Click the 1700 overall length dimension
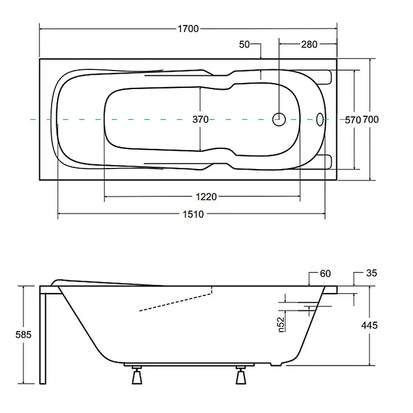[x=188, y=28]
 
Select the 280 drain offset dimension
[x=309, y=45]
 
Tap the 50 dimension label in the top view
[x=244, y=45]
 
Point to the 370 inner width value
[x=201, y=120]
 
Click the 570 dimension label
[x=352, y=120]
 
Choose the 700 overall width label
[x=371, y=120]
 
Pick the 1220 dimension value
[x=206, y=197]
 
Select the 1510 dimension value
[x=193, y=214]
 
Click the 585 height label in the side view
[x=24, y=335]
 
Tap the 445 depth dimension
[x=369, y=325]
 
